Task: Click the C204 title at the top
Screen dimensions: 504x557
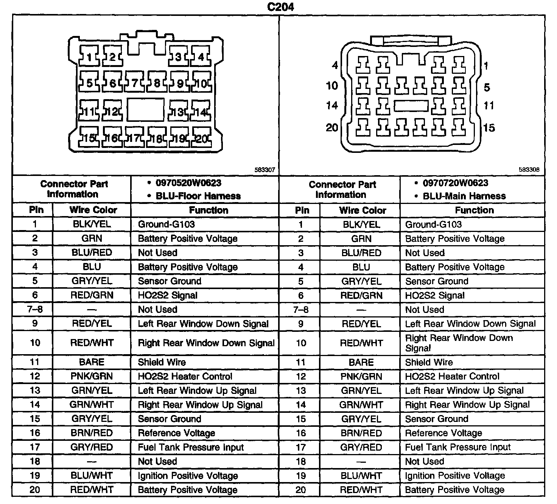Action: (x=280, y=7)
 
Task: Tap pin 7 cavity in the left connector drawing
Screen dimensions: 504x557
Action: (x=135, y=83)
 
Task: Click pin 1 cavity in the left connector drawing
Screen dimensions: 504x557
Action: (x=90, y=57)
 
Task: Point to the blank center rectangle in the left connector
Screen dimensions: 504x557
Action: (x=146, y=110)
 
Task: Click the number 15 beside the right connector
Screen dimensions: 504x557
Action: (x=489, y=128)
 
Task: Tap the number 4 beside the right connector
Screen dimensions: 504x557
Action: (x=335, y=65)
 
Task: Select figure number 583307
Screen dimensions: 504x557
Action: (x=264, y=170)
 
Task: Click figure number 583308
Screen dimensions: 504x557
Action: (x=529, y=170)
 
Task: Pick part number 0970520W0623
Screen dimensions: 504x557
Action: (x=188, y=183)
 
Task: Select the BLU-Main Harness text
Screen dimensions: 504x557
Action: (x=464, y=196)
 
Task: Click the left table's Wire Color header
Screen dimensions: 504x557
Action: (x=93, y=210)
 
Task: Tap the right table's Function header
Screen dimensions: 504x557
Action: (x=474, y=210)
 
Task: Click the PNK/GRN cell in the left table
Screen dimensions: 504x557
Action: (x=92, y=376)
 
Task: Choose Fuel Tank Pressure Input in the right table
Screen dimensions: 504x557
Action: (x=458, y=447)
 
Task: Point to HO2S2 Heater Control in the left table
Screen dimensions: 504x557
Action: (x=185, y=376)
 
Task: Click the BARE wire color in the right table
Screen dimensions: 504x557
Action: (x=361, y=362)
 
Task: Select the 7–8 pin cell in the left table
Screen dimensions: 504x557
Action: (x=35, y=310)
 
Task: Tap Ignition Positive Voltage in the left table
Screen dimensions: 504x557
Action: (x=188, y=476)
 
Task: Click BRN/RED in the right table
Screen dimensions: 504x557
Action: (x=361, y=433)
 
